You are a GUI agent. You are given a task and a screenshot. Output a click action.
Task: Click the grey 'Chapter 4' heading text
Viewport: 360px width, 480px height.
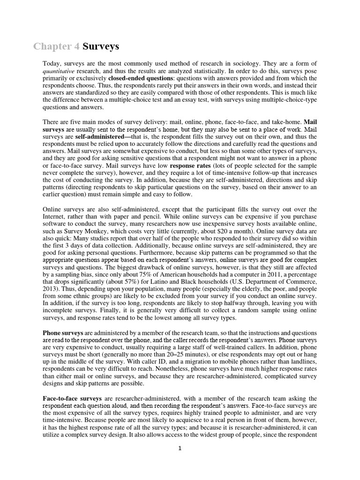(x=57, y=46)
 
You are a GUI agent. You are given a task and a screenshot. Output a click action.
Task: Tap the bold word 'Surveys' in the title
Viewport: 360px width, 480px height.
(x=101, y=46)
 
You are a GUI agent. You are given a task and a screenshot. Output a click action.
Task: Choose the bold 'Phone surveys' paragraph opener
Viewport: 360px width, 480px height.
(x=63, y=332)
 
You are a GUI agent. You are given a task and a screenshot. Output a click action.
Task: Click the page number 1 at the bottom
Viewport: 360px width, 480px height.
(x=180, y=448)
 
